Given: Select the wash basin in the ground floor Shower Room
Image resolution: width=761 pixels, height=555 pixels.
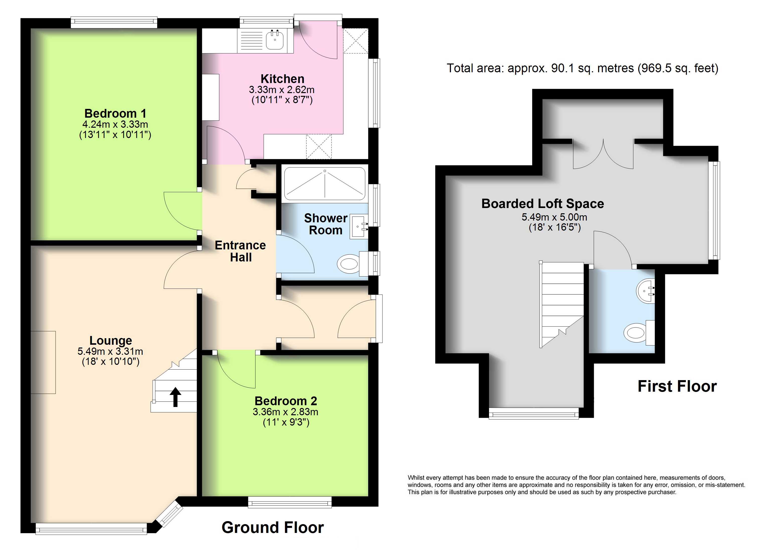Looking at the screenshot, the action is tap(359, 226).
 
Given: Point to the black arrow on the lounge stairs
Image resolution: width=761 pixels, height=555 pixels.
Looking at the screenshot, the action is tap(175, 397).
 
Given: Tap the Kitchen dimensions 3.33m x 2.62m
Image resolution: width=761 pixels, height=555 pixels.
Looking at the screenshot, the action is tap(281, 90).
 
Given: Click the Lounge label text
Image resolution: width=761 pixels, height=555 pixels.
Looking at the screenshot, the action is tap(111, 341).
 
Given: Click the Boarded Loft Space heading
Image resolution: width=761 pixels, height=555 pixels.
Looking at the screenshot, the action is tap(543, 203).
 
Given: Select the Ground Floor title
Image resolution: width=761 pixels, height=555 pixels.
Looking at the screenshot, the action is tap(272, 527).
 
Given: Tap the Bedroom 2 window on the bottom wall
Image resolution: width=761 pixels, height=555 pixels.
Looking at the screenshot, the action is tap(290, 502).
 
